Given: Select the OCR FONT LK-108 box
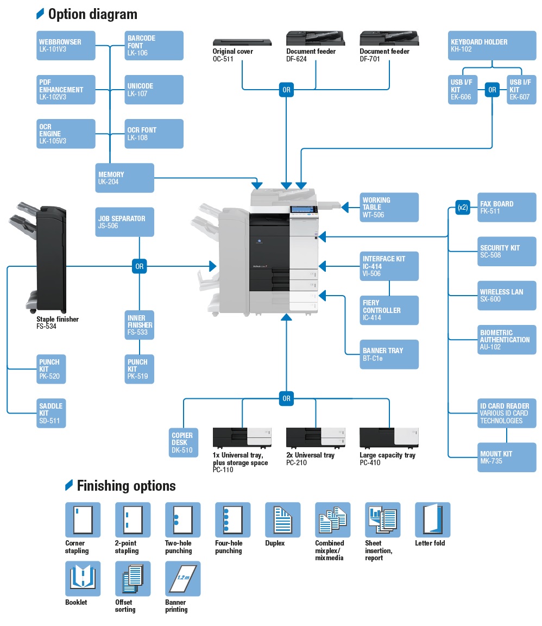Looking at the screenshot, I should pos(154,134).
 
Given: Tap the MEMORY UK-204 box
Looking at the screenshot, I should pos(124,178).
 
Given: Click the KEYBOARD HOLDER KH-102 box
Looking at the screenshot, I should pos(492,46).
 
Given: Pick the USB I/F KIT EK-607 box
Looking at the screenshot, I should pos(521,90).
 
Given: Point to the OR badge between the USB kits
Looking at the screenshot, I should pos(492,90).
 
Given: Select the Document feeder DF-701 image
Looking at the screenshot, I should pos(389,39).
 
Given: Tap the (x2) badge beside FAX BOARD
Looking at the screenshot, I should pos(462,207).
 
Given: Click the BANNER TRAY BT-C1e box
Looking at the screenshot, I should pos(389,354).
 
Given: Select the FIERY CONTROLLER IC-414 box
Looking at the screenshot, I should pos(389,310).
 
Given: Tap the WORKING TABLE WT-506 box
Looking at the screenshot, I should pos(389,207).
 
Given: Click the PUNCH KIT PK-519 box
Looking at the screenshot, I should pos(139,369).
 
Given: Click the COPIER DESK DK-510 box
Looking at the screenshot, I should pos(183,442).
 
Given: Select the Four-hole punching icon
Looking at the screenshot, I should pos(232,520).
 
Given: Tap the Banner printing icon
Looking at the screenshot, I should pos(182,579).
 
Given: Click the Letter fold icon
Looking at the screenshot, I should pos(432,520).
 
